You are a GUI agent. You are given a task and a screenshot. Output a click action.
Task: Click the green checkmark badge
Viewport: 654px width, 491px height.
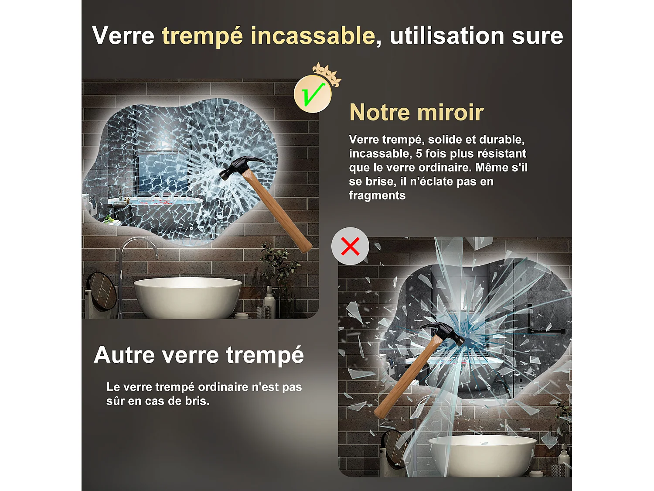[x=313, y=94]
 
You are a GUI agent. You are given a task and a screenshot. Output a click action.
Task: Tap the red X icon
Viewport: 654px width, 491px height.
[x=350, y=246]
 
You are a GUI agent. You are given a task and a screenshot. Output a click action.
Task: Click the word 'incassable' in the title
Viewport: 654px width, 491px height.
[x=313, y=36]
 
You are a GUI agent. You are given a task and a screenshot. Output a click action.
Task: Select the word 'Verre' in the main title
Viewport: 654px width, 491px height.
[x=123, y=36]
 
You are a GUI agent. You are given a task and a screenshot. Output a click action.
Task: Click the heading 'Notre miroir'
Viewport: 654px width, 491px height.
[x=416, y=113]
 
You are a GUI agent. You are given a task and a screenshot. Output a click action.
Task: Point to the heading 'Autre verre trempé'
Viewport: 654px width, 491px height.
[x=199, y=354]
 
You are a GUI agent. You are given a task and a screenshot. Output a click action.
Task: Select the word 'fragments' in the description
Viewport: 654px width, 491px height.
[x=377, y=196]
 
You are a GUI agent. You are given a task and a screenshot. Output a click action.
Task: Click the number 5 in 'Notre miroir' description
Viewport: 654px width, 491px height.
[x=419, y=154]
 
